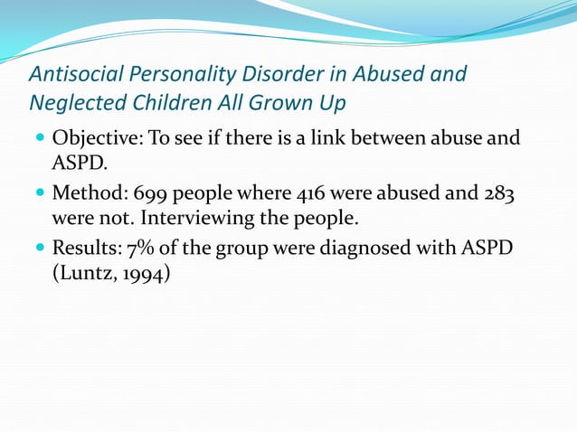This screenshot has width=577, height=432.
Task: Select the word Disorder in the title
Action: tap(258, 73)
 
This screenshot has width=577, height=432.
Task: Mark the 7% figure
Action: tap(142, 247)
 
